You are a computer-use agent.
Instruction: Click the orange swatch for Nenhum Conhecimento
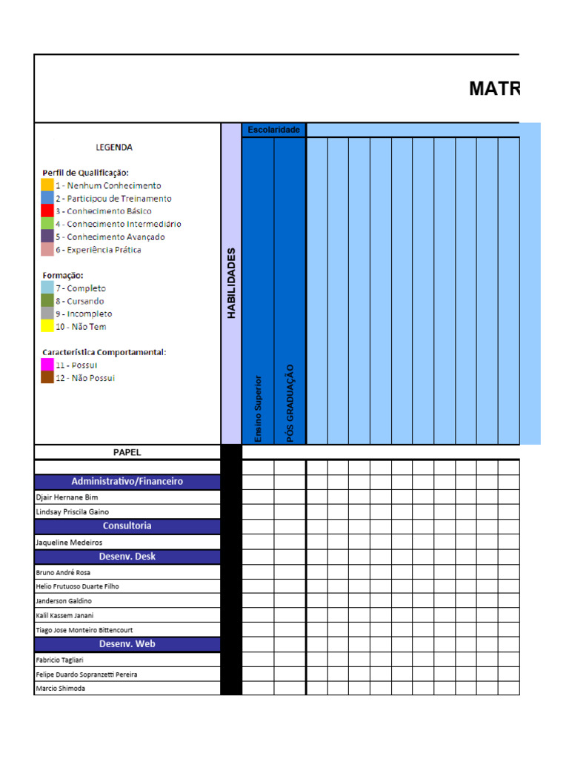tap(47, 185)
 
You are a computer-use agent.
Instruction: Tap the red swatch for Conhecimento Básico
tap(47, 211)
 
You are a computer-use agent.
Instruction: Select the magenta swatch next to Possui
tap(47, 365)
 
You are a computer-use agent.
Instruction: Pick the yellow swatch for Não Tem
tap(47, 326)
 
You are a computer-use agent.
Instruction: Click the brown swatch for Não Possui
tap(47, 377)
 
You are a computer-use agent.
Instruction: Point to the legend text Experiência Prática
tap(104, 250)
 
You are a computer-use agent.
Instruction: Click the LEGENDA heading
tap(114, 147)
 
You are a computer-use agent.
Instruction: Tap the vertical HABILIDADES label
tap(231, 283)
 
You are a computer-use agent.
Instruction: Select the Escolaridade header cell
tap(273, 130)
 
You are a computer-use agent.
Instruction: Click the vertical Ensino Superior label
tap(258, 408)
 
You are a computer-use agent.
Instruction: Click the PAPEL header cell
tap(127, 452)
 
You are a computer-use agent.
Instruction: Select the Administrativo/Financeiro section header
tap(127, 481)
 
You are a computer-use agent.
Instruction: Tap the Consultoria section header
tap(127, 526)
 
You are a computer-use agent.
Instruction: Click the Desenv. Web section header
tap(127, 643)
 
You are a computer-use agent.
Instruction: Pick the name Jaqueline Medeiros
tap(69, 543)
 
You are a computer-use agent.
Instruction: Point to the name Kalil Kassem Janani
tap(64, 615)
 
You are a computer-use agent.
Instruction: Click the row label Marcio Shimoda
tap(60, 689)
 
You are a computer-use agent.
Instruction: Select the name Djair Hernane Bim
tap(67, 497)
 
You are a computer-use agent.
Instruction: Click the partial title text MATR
tap(494, 89)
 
